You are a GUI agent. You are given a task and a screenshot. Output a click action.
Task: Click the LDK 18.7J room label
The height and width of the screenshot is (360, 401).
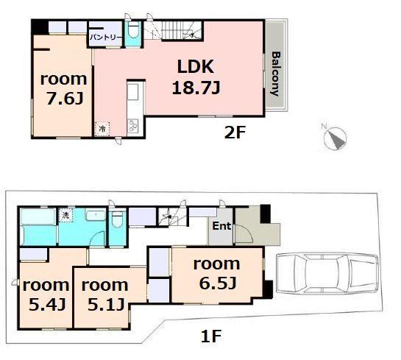point(196,77)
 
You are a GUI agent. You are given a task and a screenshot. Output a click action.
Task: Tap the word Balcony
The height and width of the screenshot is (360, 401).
point(276,74)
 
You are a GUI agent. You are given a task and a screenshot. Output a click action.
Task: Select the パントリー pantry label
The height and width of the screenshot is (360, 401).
point(106,38)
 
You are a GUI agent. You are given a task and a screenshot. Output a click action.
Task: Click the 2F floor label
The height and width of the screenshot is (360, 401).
point(235,133)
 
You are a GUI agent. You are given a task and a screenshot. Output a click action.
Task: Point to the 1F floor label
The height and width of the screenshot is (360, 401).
point(211,336)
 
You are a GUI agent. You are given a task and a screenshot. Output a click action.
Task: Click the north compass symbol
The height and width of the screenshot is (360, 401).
point(335,137)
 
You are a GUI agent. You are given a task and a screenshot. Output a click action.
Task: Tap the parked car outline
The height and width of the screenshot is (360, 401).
point(327,272)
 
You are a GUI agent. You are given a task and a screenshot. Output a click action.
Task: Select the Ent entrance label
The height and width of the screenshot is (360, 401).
point(221,226)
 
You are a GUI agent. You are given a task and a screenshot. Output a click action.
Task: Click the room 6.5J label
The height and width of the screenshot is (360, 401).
point(217,274)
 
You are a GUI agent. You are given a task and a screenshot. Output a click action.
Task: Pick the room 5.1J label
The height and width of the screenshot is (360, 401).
point(105,295)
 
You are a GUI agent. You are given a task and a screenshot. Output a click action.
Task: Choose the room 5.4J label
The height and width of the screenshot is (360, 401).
point(46,295)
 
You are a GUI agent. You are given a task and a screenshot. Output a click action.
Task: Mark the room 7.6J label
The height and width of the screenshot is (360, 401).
point(64,89)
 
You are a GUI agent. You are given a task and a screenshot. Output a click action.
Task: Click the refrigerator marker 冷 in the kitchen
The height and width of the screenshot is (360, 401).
point(102,129)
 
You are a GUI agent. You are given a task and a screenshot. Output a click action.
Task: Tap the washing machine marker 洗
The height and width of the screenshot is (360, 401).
point(65,215)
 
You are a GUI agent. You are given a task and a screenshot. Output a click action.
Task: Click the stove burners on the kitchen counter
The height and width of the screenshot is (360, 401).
point(133,126)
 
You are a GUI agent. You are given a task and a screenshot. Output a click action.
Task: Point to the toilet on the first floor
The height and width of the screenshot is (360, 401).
point(118,219)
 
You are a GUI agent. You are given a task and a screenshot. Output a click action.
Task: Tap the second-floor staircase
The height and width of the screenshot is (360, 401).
point(174,31)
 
